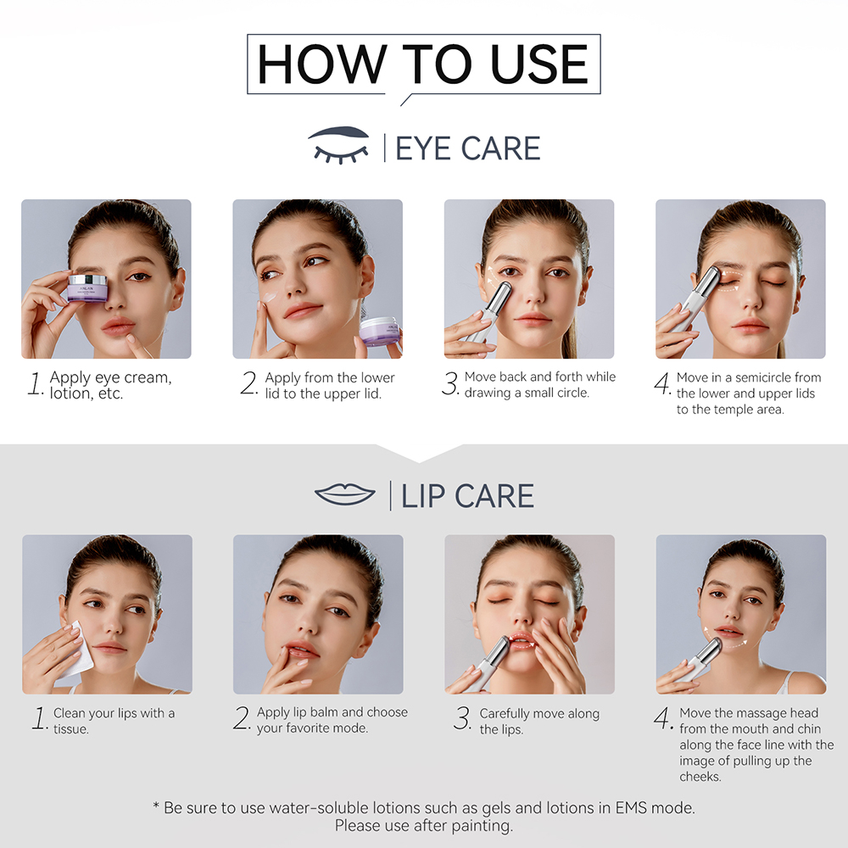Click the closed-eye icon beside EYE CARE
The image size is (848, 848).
point(340,145)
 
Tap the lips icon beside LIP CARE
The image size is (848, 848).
point(344,494)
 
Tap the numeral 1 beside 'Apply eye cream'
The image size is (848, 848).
point(35,385)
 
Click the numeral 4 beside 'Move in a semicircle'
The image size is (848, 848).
point(662,384)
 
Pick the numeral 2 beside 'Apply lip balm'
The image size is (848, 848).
point(243,719)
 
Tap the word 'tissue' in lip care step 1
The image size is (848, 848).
point(72,729)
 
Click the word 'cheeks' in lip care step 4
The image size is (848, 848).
point(700,777)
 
